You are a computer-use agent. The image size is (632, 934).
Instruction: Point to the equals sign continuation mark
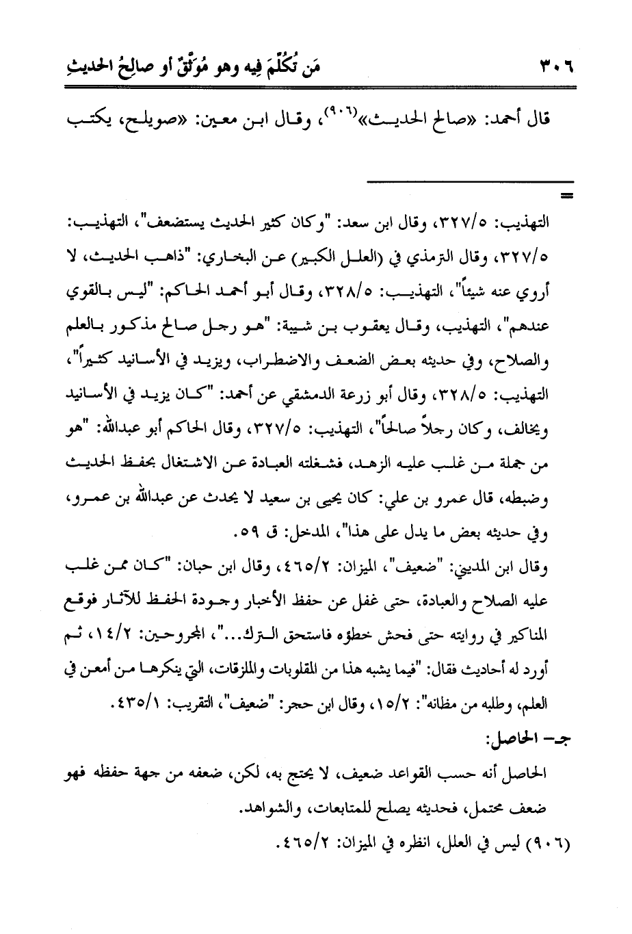tap(566, 198)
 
